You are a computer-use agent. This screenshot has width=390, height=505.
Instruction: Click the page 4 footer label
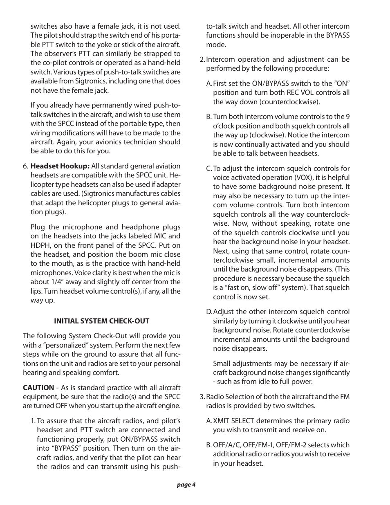(186, 485)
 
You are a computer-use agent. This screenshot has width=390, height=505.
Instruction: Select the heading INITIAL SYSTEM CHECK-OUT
(102, 321)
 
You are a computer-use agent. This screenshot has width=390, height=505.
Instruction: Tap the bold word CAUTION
(38, 388)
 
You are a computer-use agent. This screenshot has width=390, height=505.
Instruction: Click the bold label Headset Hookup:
(60, 166)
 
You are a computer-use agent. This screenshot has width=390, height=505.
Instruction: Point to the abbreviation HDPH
(40, 245)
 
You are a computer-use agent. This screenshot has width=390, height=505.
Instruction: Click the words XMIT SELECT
(233, 421)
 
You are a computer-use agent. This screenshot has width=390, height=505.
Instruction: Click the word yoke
(124, 45)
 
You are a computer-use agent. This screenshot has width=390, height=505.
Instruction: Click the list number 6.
(25, 166)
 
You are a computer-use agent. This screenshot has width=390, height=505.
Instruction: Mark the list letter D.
(209, 312)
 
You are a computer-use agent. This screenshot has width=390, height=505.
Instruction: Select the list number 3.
(202, 397)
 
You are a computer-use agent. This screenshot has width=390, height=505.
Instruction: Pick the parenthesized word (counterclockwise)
(289, 102)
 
